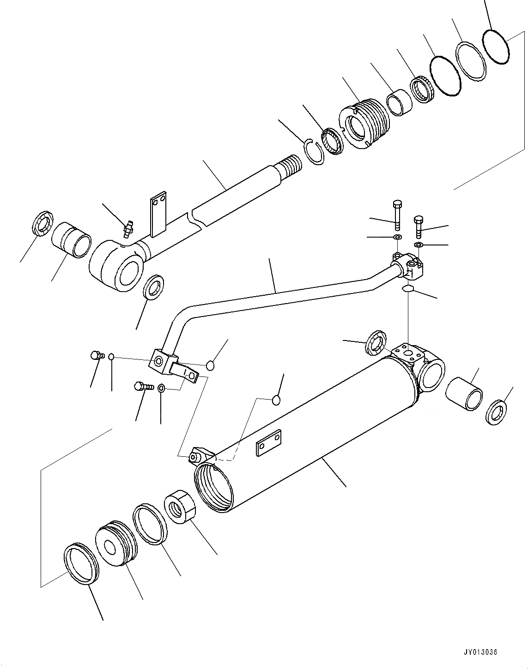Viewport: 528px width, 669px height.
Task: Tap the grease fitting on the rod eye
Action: tap(128, 227)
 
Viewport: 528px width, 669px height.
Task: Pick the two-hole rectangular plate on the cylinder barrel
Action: tap(268, 444)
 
